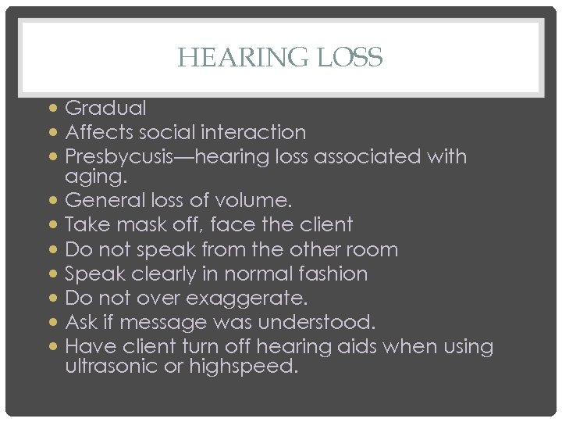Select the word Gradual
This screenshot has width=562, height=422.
tap(105, 107)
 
